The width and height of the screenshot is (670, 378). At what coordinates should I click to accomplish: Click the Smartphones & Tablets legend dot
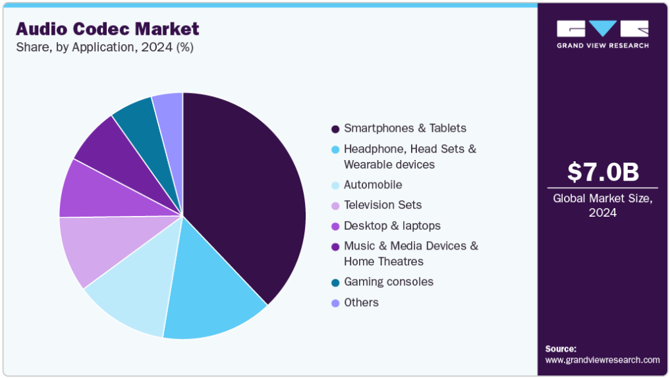coord(335,128)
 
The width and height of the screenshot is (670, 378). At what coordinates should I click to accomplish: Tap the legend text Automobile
coord(373,185)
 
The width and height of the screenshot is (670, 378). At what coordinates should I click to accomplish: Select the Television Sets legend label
coord(383,205)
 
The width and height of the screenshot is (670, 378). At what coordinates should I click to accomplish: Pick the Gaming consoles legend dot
coord(335,283)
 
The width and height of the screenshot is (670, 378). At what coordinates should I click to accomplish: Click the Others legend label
coord(361,302)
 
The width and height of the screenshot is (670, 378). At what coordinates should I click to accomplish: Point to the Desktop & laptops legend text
coord(392,226)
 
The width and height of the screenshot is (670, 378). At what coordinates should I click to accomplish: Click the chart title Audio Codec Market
coord(107,29)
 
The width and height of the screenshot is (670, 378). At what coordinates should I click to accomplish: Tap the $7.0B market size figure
coord(603,173)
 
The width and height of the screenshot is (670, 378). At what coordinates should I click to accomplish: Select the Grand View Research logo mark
coord(603,29)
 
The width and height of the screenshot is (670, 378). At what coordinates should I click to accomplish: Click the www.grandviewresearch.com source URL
coord(602,360)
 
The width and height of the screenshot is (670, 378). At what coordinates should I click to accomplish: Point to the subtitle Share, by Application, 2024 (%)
coord(104,47)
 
